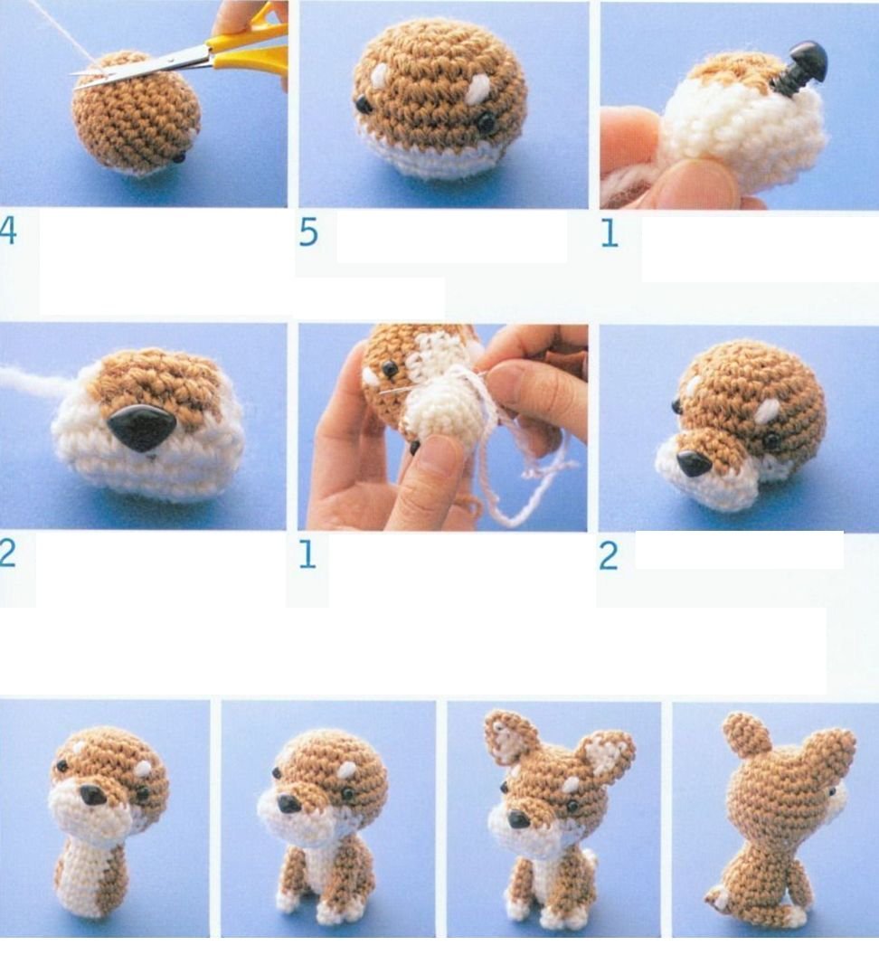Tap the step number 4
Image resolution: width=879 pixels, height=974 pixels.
point(8,232)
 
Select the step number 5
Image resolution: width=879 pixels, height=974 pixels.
point(308,233)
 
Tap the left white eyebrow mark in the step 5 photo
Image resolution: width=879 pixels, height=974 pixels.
point(379,75)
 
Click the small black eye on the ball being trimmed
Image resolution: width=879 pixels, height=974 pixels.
point(179,157)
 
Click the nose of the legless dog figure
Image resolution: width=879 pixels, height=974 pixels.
point(91,795)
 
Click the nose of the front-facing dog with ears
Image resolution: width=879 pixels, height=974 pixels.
point(518,819)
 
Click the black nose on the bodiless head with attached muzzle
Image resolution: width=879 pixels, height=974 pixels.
point(694,462)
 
